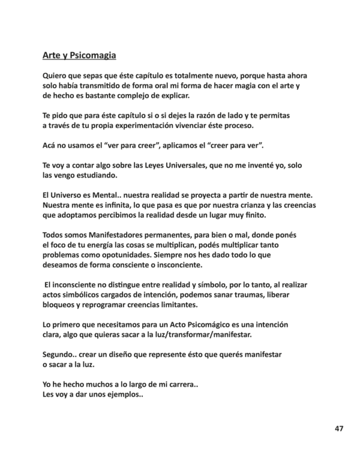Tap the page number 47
click(x=339, y=428)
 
